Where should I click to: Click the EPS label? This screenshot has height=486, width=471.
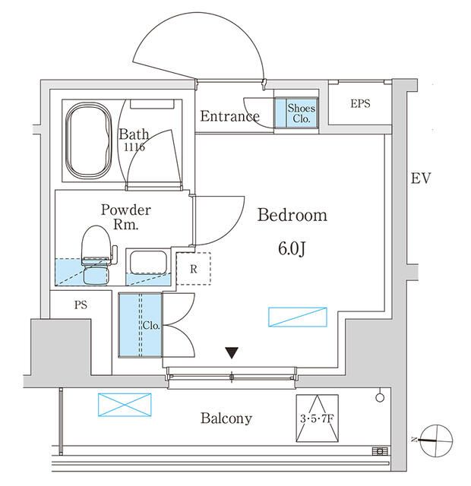(360, 103)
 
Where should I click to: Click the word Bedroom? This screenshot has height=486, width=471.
(292, 216)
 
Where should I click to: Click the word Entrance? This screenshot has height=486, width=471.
(229, 116)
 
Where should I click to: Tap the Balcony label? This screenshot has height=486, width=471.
(226, 418)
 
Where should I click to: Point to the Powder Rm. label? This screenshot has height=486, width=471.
(126, 217)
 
